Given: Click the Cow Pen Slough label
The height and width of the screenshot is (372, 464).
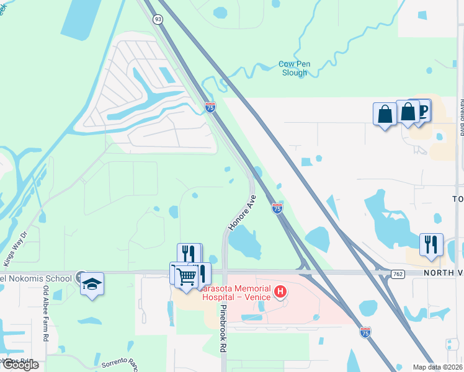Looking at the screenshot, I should (x=293, y=68).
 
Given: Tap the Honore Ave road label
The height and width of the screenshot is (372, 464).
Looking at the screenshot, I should (x=241, y=213).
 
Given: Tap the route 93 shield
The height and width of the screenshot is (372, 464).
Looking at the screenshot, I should (x=158, y=19).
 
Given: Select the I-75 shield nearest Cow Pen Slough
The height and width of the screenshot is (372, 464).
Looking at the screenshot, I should (x=210, y=107).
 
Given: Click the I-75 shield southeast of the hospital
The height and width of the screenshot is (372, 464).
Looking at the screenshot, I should (x=365, y=332).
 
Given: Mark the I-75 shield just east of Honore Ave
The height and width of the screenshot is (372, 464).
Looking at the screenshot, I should (x=277, y=208).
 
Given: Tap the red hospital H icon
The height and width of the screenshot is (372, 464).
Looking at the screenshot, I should (x=280, y=290).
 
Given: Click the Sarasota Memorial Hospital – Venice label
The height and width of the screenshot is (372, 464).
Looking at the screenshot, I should (x=235, y=293).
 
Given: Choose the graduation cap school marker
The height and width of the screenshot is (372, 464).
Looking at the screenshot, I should (x=92, y=284).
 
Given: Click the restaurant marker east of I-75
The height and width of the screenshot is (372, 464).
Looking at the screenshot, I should (x=431, y=244).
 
